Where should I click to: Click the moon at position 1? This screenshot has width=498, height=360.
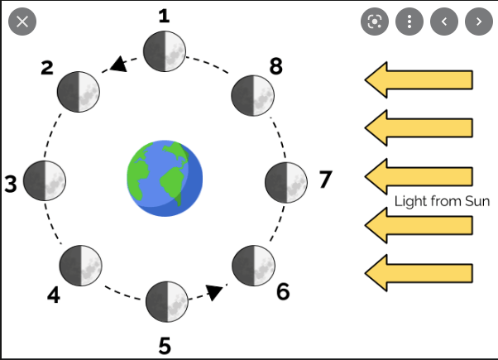tap(164, 51)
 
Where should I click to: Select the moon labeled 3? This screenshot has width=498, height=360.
tap(45, 180)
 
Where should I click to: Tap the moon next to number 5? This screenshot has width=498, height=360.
tap(167, 301)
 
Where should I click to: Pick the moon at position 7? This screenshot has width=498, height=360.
tap(286, 180)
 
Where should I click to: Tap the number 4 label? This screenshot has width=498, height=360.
tap(53, 295)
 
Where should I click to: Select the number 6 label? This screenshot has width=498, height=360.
tap(283, 291)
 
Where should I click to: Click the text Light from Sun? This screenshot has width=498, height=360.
tap(442, 201)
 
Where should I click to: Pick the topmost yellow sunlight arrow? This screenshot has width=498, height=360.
tap(419, 80)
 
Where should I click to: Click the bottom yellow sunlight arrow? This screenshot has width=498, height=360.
tap(419, 273)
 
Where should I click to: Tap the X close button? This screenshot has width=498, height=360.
tap(22, 22)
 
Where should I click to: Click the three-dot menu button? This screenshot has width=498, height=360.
tap(409, 22)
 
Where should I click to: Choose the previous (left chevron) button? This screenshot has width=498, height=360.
tap(444, 22)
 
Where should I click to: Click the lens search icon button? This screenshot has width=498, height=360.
tap(375, 22)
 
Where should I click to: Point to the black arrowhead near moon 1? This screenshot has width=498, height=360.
tap(119, 65)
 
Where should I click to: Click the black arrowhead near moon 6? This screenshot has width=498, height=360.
tap(215, 291)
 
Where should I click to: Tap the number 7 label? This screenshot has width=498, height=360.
tap(324, 178)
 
